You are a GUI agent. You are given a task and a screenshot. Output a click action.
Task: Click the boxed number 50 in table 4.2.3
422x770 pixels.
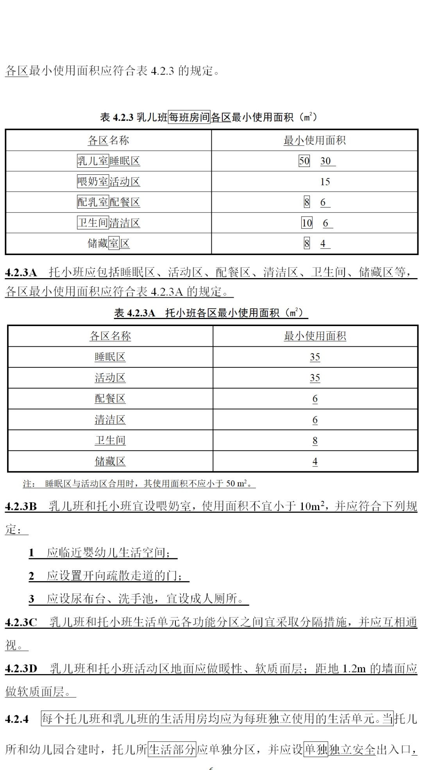[x=304, y=161]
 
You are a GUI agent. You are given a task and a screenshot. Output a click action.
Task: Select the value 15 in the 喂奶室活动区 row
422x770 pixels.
[x=325, y=181]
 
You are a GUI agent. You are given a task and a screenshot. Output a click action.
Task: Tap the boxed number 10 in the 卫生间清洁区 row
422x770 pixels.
[x=307, y=223]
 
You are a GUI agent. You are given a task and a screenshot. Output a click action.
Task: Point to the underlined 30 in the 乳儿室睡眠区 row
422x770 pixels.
[x=326, y=161]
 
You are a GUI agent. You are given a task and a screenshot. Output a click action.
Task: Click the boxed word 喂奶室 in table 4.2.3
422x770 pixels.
[x=93, y=181]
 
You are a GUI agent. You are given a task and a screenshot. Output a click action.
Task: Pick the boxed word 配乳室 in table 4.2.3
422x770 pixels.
[x=93, y=202]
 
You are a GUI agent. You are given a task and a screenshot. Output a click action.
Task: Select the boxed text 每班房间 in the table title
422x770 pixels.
[x=189, y=117]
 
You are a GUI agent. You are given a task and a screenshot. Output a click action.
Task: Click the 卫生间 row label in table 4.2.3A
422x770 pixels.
[x=110, y=440]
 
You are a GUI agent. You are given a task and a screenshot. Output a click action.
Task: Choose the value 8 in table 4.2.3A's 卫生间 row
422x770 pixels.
[x=315, y=441]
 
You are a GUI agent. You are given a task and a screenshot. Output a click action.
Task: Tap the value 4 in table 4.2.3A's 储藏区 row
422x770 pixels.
[x=315, y=461]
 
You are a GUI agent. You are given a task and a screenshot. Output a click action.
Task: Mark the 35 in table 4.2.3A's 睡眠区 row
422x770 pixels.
[x=315, y=357]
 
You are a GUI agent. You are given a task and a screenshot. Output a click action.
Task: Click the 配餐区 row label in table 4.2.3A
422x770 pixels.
[x=110, y=399]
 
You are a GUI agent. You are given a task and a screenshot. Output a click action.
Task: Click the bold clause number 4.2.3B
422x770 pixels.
[x=21, y=507]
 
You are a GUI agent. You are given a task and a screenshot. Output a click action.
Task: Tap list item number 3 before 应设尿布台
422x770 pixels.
[x=32, y=599]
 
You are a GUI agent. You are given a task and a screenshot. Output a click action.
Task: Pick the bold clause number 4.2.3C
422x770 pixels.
[x=21, y=622]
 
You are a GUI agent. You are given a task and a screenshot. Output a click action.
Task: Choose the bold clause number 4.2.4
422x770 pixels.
[x=17, y=719]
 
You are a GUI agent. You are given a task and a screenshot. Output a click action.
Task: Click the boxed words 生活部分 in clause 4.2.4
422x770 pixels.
[x=172, y=749]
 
